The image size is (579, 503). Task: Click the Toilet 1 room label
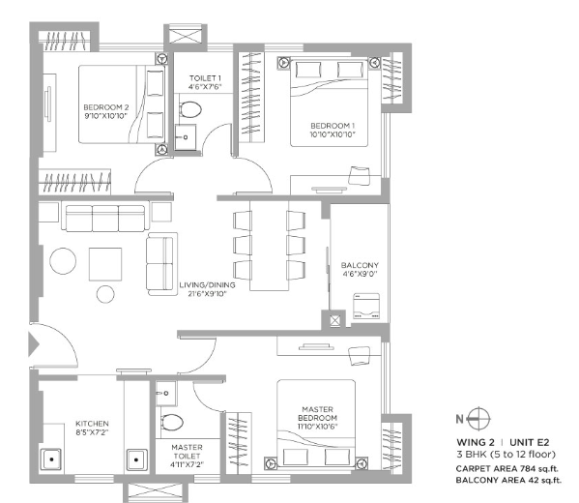(205, 78)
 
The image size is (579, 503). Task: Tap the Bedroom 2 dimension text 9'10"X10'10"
(106, 116)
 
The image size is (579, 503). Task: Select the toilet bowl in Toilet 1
(190, 109)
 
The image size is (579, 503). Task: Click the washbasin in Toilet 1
(185, 137)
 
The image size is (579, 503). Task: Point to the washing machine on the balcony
(366, 306)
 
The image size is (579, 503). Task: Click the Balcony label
(360, 265)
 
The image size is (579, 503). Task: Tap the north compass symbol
(478, 419)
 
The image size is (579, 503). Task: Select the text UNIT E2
(530, 442)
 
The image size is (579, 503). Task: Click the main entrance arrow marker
(34, 344)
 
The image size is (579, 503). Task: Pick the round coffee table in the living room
(63, 261)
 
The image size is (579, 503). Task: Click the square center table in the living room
(105, 264)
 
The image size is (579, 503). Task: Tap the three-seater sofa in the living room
(105, 218)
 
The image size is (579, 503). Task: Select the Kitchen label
(92, 424)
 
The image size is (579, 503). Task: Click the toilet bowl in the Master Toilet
(172, 422)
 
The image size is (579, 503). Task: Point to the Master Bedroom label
(318, 414)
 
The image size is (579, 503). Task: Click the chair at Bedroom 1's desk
(359, 175)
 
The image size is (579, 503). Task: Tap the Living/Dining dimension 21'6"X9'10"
(207, 294)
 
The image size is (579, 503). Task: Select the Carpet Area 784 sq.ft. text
(507, 469)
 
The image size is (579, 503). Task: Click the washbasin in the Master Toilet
(166, 394)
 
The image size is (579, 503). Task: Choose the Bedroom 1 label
(333, 126)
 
